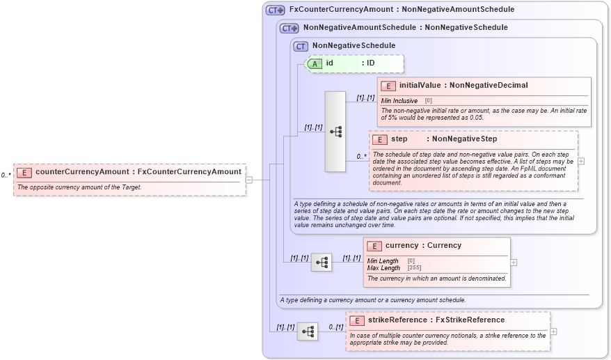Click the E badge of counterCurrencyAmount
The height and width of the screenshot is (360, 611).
[x=24, y=172]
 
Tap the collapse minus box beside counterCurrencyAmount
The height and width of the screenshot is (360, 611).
[x=248, y=180]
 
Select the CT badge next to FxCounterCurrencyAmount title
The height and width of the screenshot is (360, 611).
[x=276, y=10]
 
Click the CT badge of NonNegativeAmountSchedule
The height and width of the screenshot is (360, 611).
[x=289, y=29]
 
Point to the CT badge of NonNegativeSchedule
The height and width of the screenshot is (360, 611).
[x=301, y=46]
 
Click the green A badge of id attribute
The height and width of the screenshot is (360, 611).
[x=315, y=63]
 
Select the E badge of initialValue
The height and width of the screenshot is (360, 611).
[x=388, y=86]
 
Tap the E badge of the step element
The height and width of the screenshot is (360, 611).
[x=380, y=139]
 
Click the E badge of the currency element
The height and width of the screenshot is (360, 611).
[x=374, y=246]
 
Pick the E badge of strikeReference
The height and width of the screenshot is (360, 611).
[x=357, y=320]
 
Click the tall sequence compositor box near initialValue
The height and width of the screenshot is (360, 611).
[x=335, y=132]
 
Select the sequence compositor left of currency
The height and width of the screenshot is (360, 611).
[x=321, y=263]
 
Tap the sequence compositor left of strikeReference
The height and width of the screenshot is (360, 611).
[x=307, y=332]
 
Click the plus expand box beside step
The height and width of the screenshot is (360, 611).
[x=581, y=161]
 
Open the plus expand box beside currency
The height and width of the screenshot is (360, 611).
[x=514, y=263]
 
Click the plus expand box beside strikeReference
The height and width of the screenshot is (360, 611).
[x=553, y=331]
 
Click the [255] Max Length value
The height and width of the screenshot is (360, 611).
[x=414, y=268]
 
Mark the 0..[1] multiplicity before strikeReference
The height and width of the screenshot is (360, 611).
[x=335, y=327]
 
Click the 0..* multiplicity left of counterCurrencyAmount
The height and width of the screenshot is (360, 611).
[x=6, y=175]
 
